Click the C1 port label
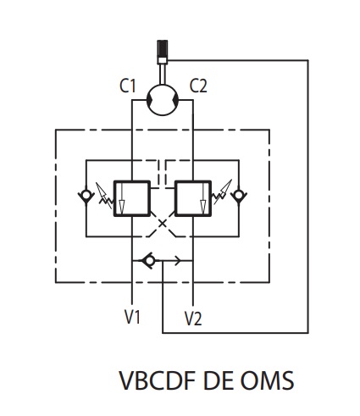pos(128,86)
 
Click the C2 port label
pos(198,86)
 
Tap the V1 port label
pos(132,317)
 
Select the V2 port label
pos(193,319)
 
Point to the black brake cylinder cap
pos(163,48)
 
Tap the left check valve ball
pos(86,195)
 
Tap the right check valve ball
pos(239,195)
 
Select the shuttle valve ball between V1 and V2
pos(150,261)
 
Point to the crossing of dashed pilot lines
pos(163,224)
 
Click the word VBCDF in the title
pos(158,380)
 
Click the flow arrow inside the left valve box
pos(121,198)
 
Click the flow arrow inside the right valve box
pos(203,198)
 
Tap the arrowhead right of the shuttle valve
pos(178,261)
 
